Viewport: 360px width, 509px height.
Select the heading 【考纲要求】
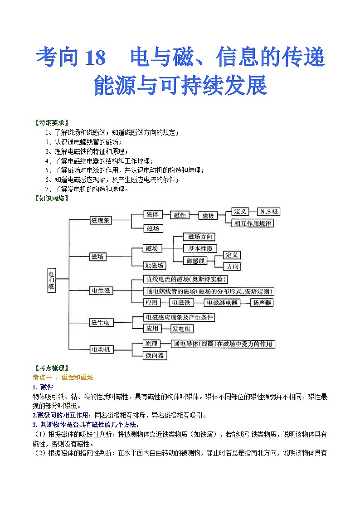pos(51,123)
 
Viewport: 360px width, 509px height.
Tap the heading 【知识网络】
pos(51,198)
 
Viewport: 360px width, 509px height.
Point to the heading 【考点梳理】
pos(51,368)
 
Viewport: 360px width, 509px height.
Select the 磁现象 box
pos(101,220)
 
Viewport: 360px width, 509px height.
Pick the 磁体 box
pos(152,214)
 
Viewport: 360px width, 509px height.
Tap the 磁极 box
pos(208,216)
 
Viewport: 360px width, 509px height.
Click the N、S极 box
pos(268,212)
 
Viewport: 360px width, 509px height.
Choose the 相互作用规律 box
pos(253,223)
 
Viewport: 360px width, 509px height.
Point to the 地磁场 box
pos(154,265)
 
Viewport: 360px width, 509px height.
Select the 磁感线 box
pos(196,261)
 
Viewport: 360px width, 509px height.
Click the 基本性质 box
pos(200,248)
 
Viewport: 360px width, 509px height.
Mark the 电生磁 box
pos(101,291)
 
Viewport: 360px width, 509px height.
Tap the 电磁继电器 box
pos(222,302)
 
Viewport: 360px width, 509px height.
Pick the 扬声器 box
pos(263,302)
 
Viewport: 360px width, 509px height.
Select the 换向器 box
pos(155,355)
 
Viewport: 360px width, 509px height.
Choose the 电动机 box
pos(101,349)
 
